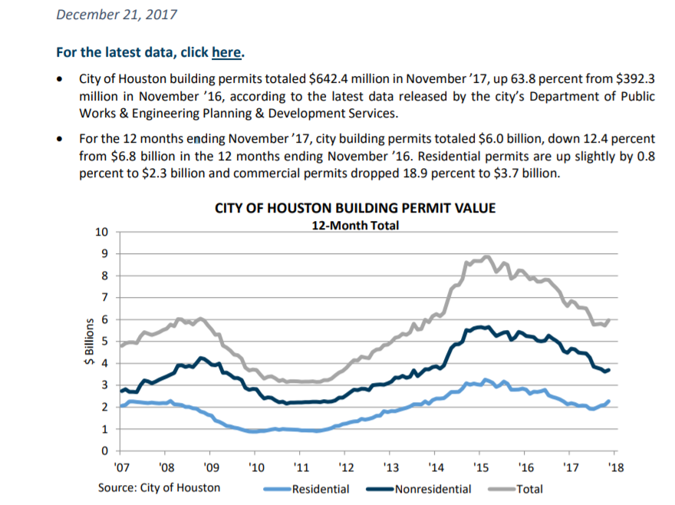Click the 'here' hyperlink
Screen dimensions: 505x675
click(x=227, y=53)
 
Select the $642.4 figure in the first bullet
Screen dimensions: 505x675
click(x=330, y=79)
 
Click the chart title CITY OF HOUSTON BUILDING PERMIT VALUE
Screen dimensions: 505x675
click(x=354, y=208)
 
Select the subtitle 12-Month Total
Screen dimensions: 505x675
click(x=354, y=226)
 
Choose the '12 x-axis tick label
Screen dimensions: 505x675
click(x=346, y=467)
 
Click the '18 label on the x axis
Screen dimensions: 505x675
click(x=615, y=467)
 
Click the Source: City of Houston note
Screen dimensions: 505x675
click(x=159, y=487)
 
